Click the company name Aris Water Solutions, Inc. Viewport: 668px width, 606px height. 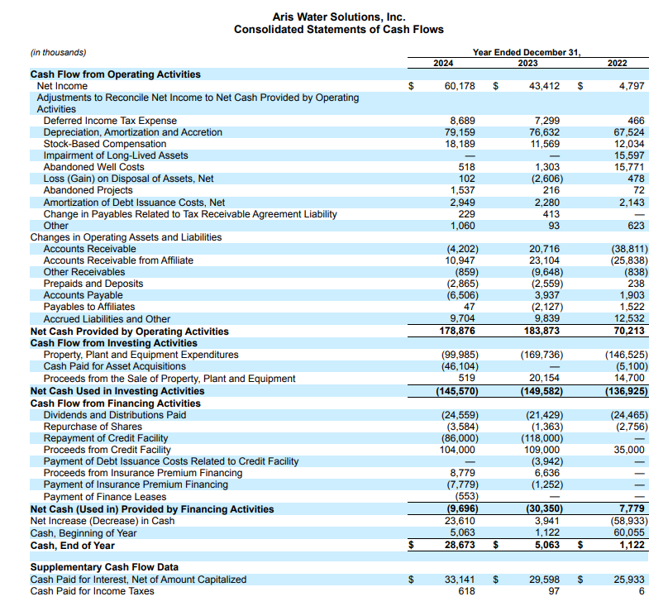point(339,17)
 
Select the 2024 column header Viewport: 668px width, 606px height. point(444,63)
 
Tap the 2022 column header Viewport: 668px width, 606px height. point(617,63)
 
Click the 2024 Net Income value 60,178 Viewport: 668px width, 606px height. point(460,86)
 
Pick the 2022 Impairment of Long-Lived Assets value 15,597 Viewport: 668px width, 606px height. point(630,155)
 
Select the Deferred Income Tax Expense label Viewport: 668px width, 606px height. point(110,121)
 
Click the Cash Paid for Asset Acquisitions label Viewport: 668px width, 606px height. point(114,366)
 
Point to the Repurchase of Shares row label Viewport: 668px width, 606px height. point(93,427)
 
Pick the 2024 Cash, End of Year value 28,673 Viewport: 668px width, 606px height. point(460,546)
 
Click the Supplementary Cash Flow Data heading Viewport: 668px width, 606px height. point(104,568)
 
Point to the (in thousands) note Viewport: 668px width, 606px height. point(58,52)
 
